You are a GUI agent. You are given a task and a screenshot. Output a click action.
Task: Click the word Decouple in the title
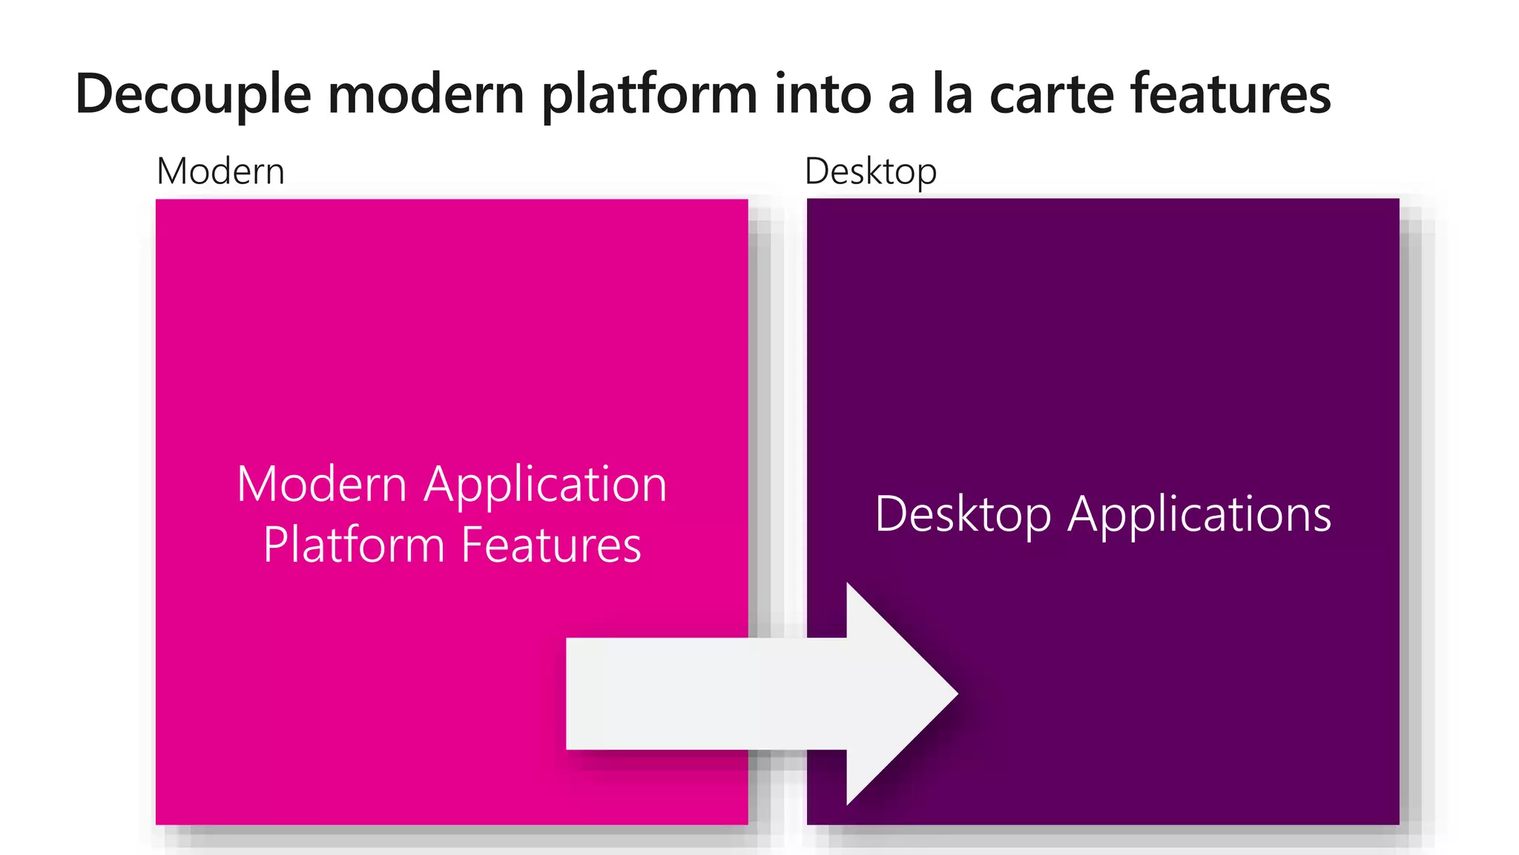(193, 95)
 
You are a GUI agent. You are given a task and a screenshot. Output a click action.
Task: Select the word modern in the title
(426, 95)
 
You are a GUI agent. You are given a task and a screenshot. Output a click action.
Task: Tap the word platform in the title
(649, 95)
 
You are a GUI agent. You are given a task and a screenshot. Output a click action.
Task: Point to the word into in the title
(823, 95)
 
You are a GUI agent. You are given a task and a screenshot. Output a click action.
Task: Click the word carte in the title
(1051, 95)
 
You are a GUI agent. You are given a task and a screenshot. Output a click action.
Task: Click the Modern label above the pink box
(220, 171)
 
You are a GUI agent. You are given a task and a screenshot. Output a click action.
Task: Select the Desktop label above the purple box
(870, 171)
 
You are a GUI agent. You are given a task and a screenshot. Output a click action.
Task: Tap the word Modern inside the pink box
(322, 484)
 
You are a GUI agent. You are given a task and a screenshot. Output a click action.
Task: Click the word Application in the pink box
(545, 485)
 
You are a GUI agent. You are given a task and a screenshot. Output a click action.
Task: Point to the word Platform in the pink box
(353, 545)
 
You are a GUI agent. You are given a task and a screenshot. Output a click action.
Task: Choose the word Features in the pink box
(551, 545)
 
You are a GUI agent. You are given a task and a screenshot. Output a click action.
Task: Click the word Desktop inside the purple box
(963, 514)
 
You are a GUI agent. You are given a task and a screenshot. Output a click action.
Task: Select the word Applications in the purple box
(1199, 514)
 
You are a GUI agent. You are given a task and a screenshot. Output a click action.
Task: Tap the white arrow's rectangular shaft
(705, 694)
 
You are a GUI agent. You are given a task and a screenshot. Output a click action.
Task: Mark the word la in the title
(952, 95)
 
